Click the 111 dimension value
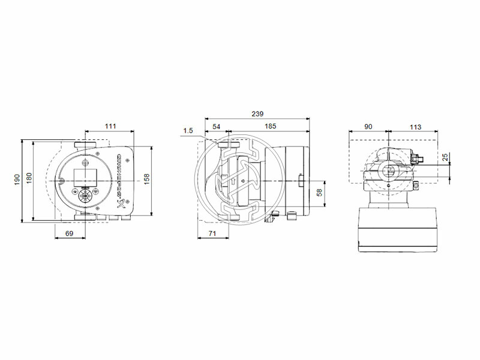tap(110, 127)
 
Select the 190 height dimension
tap(17, 179)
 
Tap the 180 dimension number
tap(29, 179)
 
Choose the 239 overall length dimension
tap(257, 113)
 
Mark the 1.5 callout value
tap(188, 130)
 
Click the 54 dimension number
tap(217, 127)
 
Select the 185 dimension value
tap(270, 127)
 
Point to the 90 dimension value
tap(368, 127)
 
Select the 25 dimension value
tap(445, 157)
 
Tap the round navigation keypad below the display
tap(85, 195)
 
